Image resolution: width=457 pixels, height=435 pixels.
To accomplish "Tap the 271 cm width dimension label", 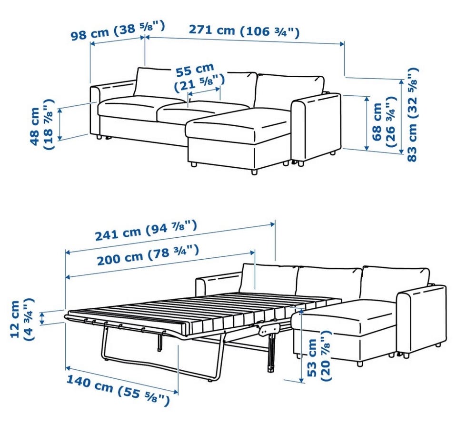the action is [x=244, y=31].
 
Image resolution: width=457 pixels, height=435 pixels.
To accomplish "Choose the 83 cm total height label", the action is [x=412, y=115].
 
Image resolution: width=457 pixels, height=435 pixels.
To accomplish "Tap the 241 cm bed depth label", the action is [x=146, y=231].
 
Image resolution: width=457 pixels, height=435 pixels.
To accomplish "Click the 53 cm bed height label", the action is [x=319, y=356].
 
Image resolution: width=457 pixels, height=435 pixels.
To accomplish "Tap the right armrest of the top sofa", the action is [x=317, y=128].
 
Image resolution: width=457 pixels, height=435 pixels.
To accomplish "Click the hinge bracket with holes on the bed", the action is [x=268, y=328].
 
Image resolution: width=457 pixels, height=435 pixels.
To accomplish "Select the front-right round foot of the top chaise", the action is [x=254, y=172].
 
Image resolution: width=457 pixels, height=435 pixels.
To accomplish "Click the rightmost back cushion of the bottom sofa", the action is [x=396, y=282].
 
